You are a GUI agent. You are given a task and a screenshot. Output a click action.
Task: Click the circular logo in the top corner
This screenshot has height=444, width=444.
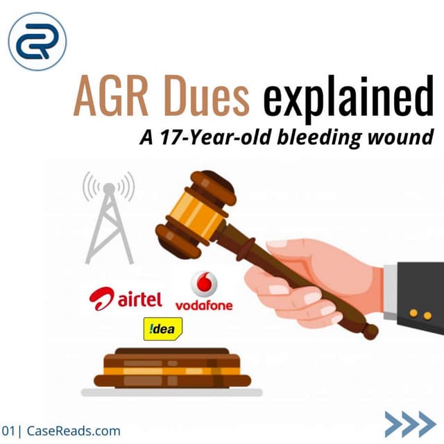[x=37, y=42]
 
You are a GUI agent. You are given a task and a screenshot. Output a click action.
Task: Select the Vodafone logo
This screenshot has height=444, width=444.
[x=204, y=291]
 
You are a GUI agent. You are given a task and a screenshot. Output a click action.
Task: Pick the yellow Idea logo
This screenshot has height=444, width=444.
[x=162, y=328]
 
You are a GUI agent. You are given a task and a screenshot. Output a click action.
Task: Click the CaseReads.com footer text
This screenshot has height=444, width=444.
[x=74, y=431]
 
